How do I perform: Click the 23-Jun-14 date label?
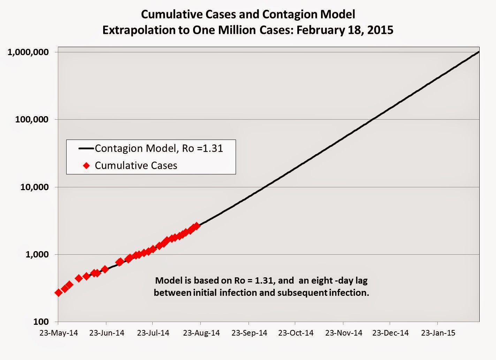pos(107,333)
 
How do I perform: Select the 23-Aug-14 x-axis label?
pos(202,333)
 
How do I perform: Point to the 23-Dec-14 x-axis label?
pos(390,333)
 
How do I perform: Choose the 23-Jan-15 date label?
pos(438,333)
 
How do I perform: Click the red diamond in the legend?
pos(87,165)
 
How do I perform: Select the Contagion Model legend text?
pos(159,149)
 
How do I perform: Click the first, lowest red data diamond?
pos(59,292)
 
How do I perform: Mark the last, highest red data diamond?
pos(197,226)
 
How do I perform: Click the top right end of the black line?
pos(478,52)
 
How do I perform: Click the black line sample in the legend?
pos(86,149)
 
